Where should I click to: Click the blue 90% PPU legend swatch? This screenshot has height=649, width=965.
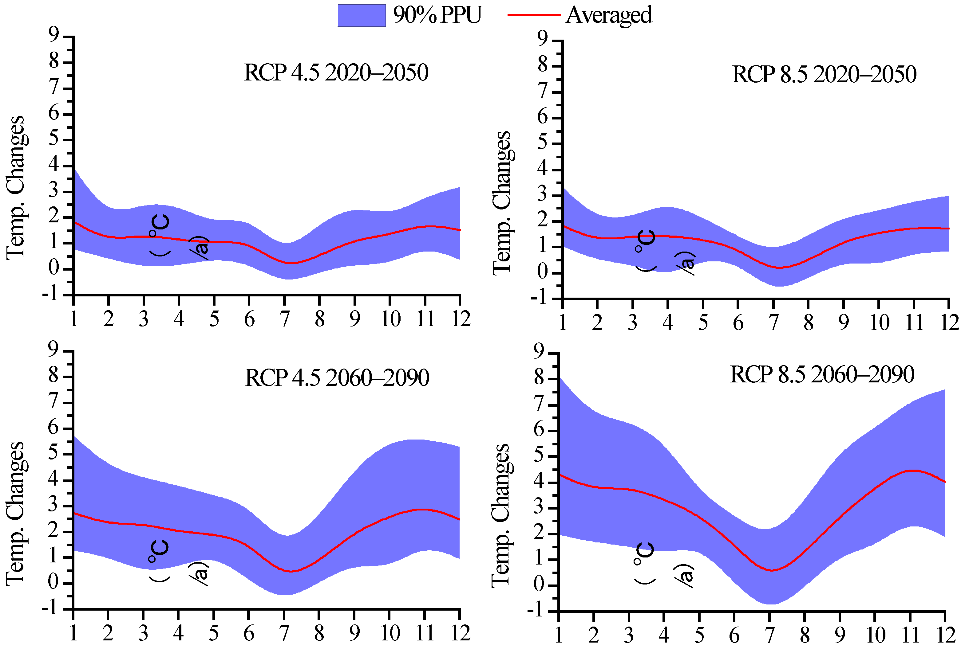click(362, 15)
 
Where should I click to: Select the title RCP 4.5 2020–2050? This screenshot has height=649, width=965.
click(336, 73)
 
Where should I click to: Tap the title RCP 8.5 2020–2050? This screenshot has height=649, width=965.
click(824, 75)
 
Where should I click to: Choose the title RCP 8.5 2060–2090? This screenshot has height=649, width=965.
click(822, 375)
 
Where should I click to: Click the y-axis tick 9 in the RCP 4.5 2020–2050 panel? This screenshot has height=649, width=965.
click(54, 36)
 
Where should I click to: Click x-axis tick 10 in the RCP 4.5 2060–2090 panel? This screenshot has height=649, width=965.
click(390, 633)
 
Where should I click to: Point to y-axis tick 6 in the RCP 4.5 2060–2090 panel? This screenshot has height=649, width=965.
click(54, 428)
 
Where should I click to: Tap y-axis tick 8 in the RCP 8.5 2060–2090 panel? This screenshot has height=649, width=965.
click(539, 378)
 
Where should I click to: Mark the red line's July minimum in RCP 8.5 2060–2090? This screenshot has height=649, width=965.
click(772, 570)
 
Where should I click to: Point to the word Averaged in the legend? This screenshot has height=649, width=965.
click(608, 15)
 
